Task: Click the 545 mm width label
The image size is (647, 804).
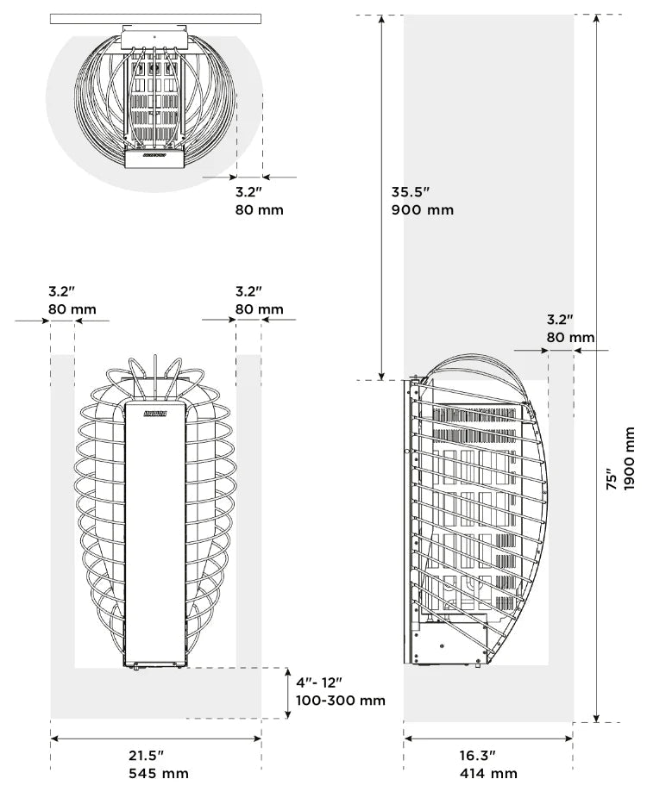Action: click(159, 773)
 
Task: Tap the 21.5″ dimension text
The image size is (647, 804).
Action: click(146, 755)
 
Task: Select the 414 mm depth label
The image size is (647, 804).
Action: click(488, 773)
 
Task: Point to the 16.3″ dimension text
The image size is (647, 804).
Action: click(478, 755)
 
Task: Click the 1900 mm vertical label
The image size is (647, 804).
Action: click(630, 459)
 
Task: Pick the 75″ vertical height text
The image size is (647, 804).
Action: click(612, 479)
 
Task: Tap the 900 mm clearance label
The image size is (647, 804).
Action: click(423, 209)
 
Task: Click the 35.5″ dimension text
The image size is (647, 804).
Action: click(411, 192)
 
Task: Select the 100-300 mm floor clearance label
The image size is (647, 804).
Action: click(341, 701)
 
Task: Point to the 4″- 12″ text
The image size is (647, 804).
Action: click(319, 682)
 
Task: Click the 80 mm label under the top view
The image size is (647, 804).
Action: click(260, 209)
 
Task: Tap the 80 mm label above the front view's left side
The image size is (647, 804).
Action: click(72, 309)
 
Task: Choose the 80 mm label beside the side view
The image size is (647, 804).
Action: click(570, 338)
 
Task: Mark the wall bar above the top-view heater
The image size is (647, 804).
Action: click(155, 19)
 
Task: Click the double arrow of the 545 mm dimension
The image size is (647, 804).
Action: click(156, 739)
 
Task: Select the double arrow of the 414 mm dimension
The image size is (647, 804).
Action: click(488, 739)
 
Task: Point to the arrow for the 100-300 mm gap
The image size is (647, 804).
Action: click(288, 693)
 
